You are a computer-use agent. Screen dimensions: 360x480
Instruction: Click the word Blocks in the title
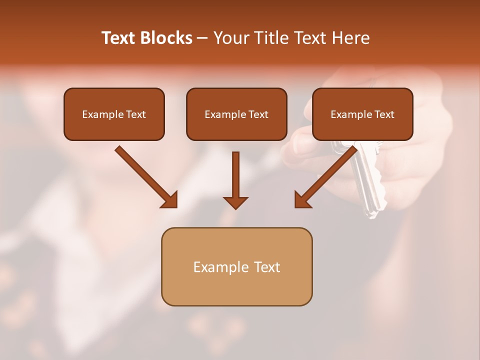[x=166, y=38]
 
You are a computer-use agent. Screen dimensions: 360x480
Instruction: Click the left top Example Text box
[x=114, y=114]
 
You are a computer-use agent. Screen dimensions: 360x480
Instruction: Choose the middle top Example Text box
[x=236, y=114]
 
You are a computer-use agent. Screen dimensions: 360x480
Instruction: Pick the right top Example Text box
[x=362, y=114]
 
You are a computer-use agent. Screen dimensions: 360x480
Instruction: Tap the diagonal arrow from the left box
[x=145, y=176]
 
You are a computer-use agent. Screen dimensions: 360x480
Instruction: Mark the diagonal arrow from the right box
[x=327, y=176]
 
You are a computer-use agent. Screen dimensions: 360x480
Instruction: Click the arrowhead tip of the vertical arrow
[x=235, y=207]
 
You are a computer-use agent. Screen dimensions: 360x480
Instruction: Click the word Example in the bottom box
[x=217, y=267]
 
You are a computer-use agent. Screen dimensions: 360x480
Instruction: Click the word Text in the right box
[x=384, y=114]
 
